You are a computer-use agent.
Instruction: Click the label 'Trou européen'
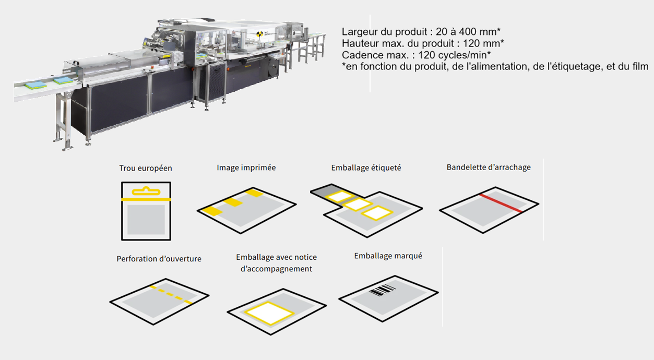coord(146,168)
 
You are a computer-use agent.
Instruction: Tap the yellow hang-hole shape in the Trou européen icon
coord(146,191)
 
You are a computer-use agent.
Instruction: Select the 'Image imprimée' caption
coord(246,168)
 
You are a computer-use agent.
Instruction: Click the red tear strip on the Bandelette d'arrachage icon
coord(501,203)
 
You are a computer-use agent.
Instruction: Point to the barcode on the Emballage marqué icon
coord(382,290)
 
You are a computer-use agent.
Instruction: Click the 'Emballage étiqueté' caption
coord(366,168)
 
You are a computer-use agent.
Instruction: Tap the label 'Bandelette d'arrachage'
coord(489,167)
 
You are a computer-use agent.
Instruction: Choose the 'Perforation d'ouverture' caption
coord(159,259)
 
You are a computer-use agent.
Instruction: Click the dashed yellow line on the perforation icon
coord(171,295)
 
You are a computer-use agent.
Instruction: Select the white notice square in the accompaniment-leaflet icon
coord(269,313)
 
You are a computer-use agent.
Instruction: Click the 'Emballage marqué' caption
coord(388,256)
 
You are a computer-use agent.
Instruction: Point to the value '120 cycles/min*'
coord(454,55)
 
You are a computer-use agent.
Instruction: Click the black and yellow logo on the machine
coord(259,34)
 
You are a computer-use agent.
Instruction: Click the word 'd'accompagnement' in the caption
coord(276,269)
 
